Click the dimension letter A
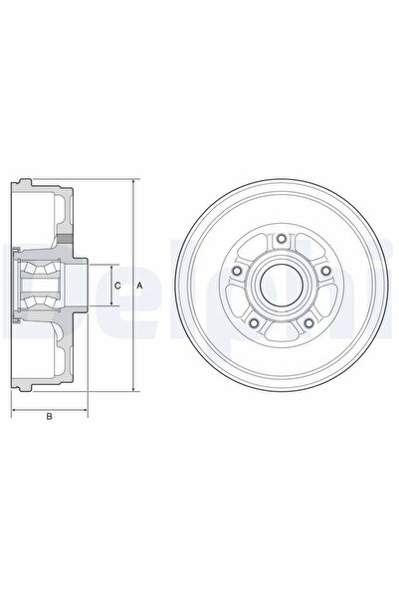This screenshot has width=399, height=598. point(139,286)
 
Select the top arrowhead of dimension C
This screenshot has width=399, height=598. point(108,266)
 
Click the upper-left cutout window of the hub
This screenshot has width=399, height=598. point(253,249)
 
